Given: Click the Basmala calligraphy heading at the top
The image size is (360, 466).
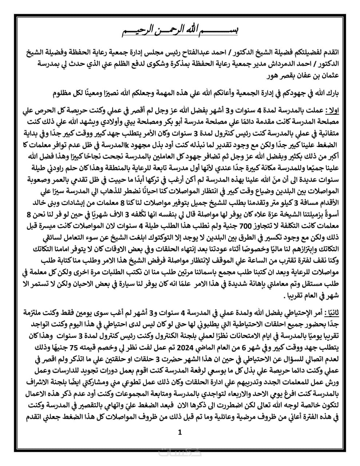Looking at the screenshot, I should (180, 31).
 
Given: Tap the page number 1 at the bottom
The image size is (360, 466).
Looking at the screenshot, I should (180, 432).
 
